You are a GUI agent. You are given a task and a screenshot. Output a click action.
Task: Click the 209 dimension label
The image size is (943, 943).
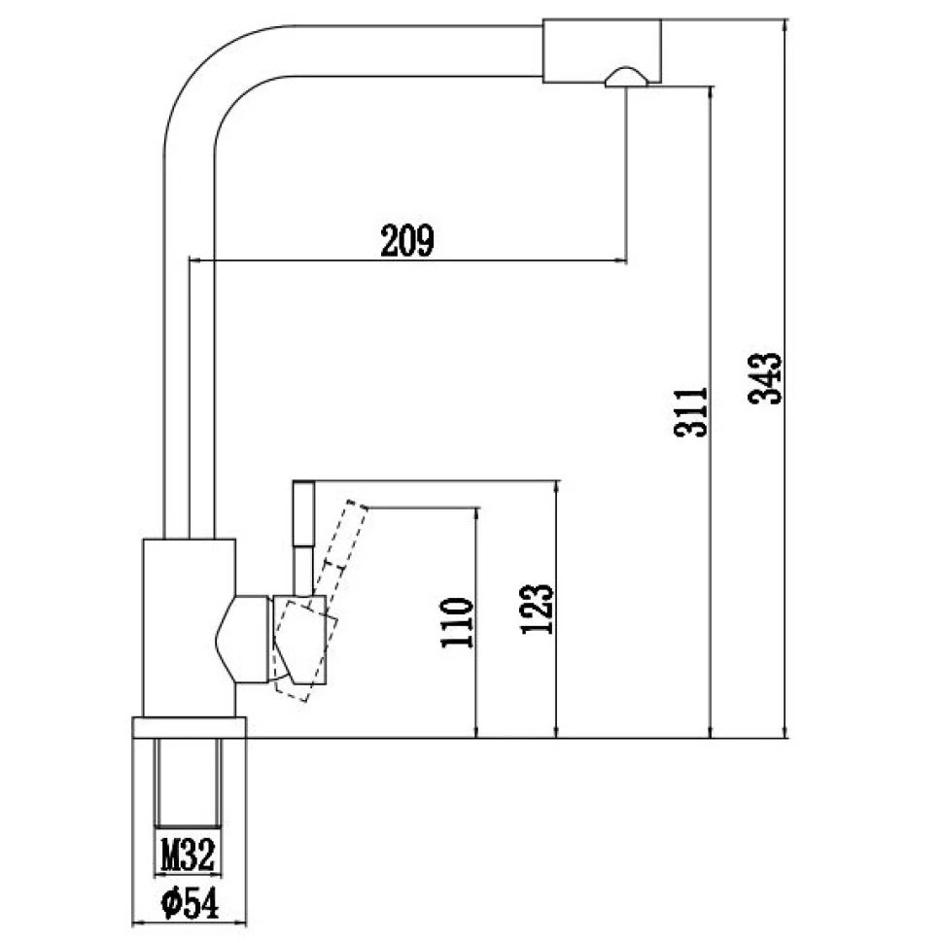point(407,240)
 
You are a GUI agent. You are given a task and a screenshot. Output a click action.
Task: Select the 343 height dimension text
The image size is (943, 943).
point(766,378)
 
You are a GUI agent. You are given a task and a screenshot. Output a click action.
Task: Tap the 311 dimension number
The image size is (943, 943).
point(692,412)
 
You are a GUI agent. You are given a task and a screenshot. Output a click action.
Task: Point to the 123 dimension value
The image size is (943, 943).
point(537,609)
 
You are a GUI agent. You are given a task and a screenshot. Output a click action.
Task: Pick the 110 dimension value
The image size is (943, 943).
point(457,622)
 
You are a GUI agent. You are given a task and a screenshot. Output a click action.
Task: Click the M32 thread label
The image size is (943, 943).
point(189,854)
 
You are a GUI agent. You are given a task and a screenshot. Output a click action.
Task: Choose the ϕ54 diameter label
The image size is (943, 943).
point(190,903)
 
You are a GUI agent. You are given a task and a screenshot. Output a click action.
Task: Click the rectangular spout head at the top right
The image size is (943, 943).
point(602,51)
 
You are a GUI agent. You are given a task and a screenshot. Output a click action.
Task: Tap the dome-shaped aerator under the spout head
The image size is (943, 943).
point(626,78)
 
